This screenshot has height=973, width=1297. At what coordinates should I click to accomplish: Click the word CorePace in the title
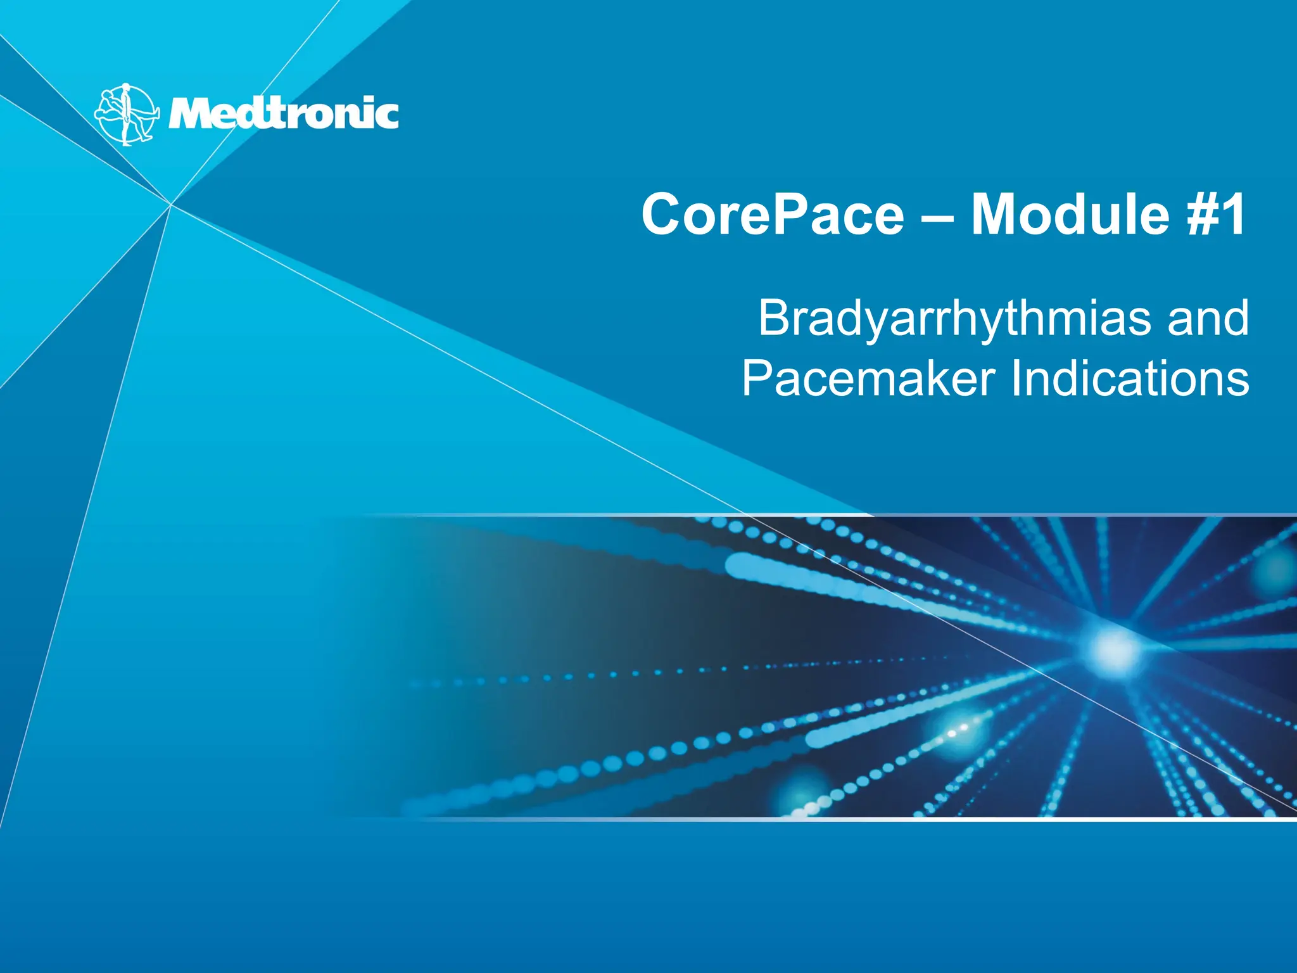point(773,215)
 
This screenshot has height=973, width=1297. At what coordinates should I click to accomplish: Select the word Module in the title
point(1070,215)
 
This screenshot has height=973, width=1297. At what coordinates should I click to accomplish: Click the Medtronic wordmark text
point(283,114)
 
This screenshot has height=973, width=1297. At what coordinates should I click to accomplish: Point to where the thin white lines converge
point(171,204)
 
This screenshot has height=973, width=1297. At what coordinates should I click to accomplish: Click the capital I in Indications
point(1015,379)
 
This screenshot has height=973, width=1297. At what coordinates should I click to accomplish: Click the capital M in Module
point(996,215)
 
